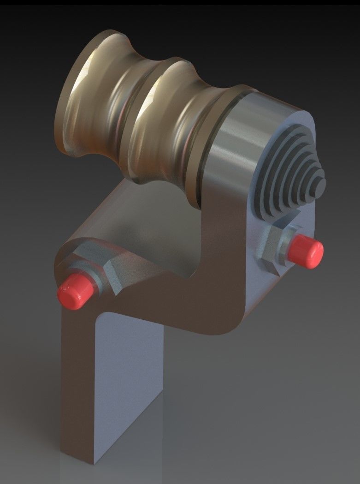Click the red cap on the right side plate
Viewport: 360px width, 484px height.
tap(306, 250)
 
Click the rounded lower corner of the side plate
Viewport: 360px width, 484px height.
tap(230, 323)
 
